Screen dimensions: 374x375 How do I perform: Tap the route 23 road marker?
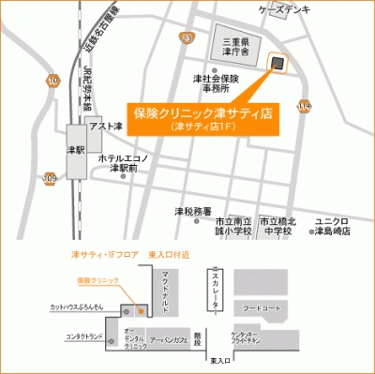click(187, 37)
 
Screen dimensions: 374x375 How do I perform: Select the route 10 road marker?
click(53, 82)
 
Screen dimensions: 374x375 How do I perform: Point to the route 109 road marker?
click(50, 177)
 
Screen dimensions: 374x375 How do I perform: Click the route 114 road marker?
click(304, 108)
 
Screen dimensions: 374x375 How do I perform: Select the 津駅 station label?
click(75, 150)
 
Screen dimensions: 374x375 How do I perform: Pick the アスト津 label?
click(107, 125)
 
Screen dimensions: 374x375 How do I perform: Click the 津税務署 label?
click(193, 212)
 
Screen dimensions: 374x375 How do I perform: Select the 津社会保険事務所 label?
click(216, 83)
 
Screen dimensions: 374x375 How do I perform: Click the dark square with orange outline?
click(277, 63)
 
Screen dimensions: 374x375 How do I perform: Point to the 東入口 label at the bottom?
click(221, 360)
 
